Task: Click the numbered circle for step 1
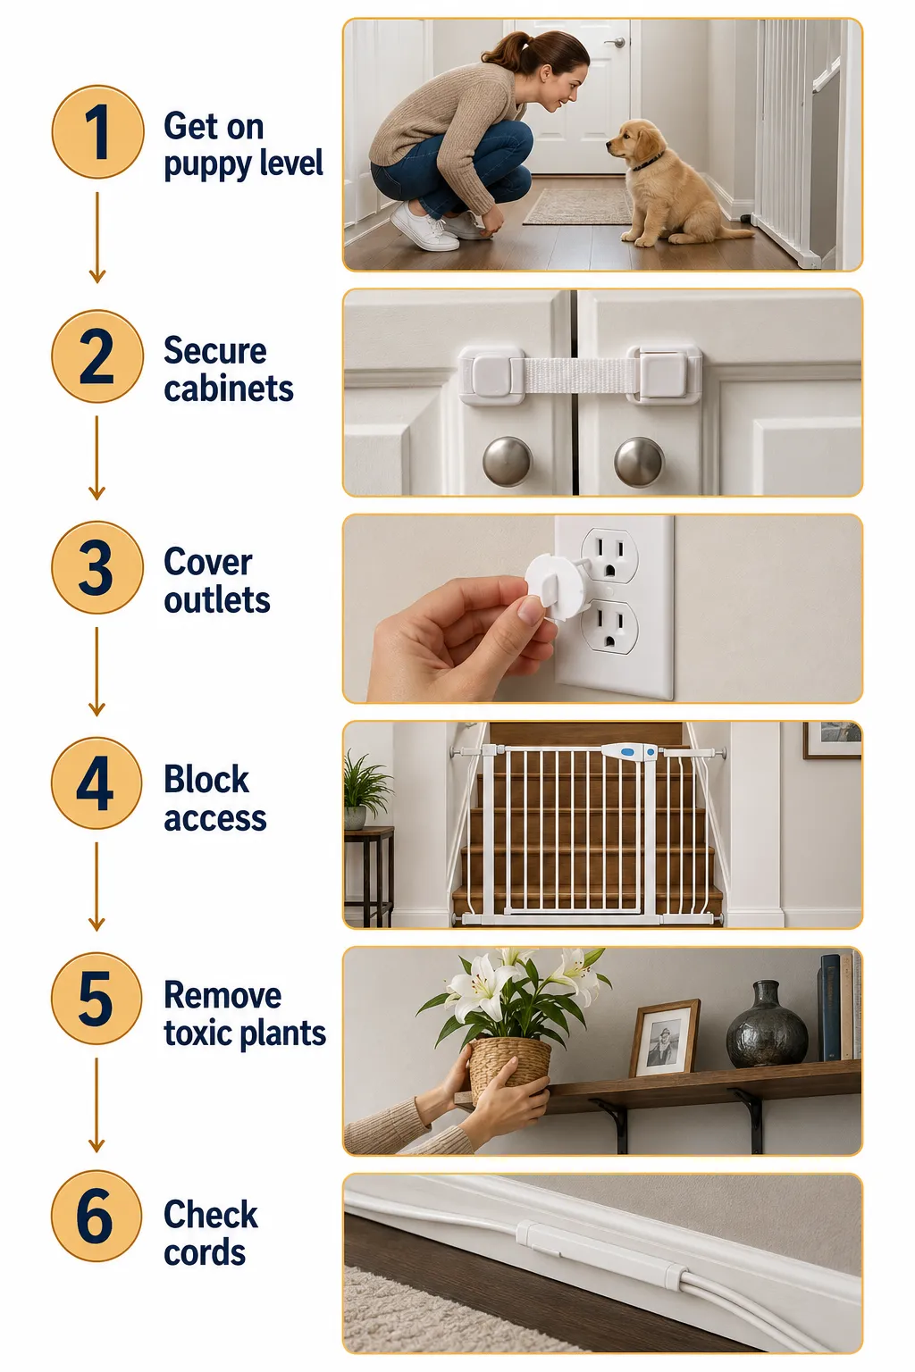(97, 131)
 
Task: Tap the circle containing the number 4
(97, 784)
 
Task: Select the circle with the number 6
(97, 1217)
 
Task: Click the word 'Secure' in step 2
(215, 351)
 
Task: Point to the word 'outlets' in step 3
(217, 600)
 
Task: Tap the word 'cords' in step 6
(205, 1252)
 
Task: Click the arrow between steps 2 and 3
(97, 457)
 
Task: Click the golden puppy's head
(634, 145)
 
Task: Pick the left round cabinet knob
(507, 461)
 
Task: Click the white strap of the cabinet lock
(575, 375)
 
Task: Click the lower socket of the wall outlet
(609, 627)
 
